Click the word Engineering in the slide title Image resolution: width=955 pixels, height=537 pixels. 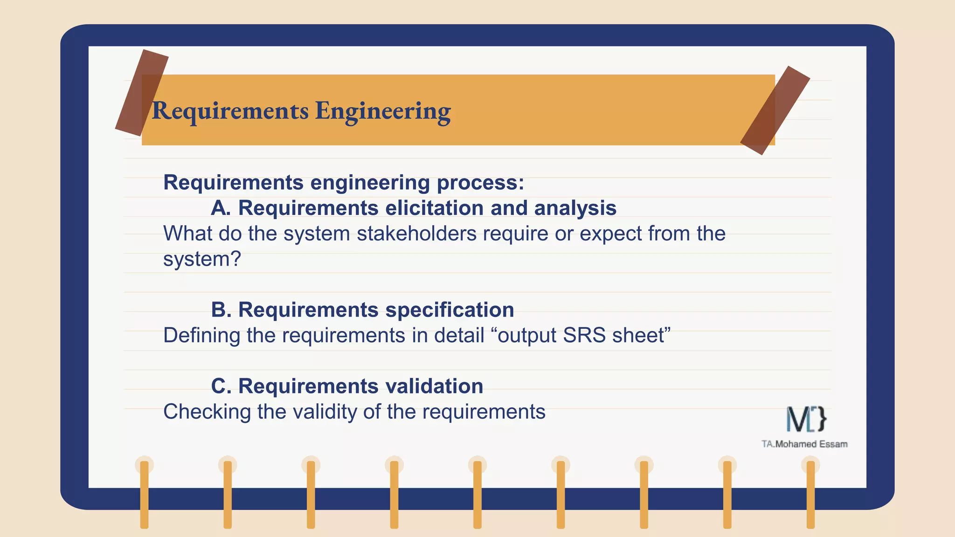382,111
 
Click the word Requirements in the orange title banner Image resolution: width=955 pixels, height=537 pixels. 230,111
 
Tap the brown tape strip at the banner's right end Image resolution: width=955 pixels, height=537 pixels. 775,110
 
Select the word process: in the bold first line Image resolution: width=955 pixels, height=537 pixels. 480,182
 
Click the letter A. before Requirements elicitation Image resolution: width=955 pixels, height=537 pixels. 221,208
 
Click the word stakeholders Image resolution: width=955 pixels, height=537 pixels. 416,234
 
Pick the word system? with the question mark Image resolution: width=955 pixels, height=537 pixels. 202,259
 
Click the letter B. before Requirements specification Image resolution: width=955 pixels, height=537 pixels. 221,310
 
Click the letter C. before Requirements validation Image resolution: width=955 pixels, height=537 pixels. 221,386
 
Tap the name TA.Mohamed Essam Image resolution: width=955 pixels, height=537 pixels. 804,444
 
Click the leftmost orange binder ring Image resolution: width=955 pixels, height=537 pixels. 145,494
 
